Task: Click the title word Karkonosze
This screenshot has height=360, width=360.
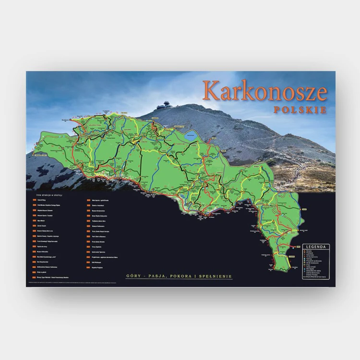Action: point(264,91)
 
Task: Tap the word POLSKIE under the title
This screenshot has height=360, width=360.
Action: point(300,109)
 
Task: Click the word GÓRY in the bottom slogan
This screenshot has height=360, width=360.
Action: point(134,276)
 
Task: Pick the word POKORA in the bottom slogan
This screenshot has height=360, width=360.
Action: point(185,276)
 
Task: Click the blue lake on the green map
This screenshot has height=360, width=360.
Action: point(190,135)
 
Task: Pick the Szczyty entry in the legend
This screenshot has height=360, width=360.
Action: point(309,251)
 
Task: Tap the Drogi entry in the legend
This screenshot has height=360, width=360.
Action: point(308,265)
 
